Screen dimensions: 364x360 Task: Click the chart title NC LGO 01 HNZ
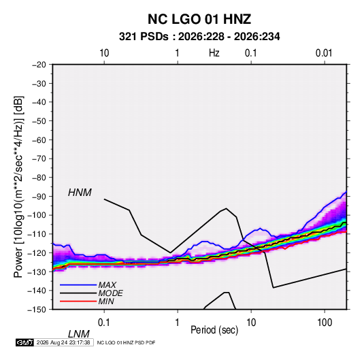(x=199, y=19)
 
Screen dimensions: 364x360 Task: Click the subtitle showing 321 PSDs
(x=199, y=37)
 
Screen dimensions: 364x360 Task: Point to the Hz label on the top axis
(x=214, y=53)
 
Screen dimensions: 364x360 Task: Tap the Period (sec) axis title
(x=214, y=330)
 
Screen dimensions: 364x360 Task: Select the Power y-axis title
(x=18, y=186)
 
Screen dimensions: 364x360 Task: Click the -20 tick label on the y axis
(x=39, y=65)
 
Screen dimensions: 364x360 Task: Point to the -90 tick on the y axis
(x=39, y=197)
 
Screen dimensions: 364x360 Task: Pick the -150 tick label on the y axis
(x=37, y=310)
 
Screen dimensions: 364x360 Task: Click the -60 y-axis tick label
(x=39, y=140)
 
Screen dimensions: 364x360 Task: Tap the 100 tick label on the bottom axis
(x=325, y=323)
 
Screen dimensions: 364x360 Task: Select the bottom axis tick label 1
(x=178, y=323)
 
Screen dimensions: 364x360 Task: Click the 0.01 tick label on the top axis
(x=324, y=53)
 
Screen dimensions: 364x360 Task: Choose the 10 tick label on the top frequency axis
(x=104, y=53)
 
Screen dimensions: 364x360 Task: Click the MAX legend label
(x=107, y=284)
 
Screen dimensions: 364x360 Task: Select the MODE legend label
(x=110, y=293)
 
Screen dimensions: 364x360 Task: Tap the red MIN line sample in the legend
(x=78, y=301)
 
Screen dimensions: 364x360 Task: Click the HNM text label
(x=80, y=193)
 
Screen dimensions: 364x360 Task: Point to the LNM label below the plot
(x=79, y=334)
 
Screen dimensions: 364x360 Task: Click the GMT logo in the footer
(x=24, y=342)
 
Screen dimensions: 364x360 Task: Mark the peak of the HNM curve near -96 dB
(x=226, y=208)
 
